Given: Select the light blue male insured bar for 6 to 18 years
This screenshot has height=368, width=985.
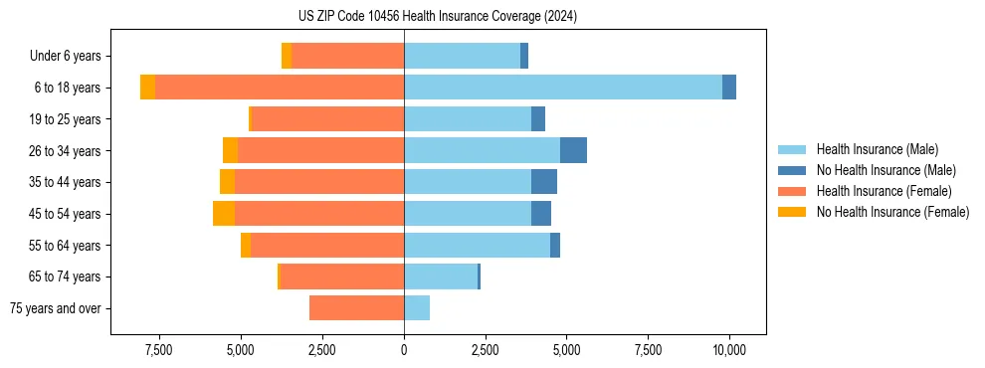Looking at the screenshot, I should point(563,88).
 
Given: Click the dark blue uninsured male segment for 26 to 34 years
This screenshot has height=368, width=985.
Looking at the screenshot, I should point(573,150).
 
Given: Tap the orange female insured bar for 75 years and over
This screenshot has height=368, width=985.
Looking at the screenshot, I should point(356,308).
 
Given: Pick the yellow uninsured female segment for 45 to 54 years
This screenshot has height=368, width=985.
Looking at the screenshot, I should point(223,214).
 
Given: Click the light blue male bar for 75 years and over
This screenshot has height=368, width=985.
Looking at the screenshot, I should point(417,308).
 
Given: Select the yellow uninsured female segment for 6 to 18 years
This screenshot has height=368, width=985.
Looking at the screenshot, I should point(147,88).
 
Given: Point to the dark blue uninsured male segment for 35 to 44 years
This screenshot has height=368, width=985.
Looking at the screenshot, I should point(543,182).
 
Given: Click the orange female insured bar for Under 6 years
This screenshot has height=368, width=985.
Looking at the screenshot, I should point(347,56).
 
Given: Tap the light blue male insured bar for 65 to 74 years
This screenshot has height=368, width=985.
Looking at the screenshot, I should point(441,276).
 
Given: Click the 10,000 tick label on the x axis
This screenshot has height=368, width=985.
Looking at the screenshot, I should point(729,350).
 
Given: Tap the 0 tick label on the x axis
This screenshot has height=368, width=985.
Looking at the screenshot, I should point(404,350).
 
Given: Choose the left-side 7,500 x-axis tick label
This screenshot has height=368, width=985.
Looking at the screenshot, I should point(159,350).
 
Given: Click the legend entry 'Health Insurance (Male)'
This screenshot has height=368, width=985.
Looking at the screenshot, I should point(877,149).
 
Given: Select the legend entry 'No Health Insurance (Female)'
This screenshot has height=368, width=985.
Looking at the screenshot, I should point(892,212).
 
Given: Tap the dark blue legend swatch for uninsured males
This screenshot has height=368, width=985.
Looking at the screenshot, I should point(791,170).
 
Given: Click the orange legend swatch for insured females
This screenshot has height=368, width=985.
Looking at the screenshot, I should point(791,191).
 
